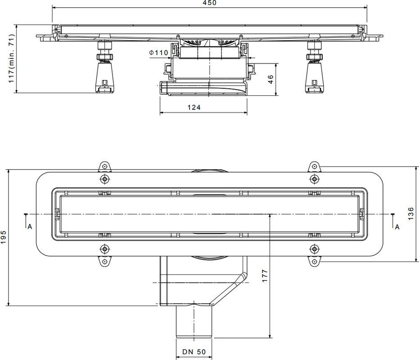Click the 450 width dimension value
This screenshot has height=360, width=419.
(x=210, y=3)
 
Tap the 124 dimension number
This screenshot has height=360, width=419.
(x=194, y=108)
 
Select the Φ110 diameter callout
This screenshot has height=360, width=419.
(x=159, y=53)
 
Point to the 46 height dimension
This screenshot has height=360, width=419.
(x=270, y=79)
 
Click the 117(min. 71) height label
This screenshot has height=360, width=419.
(x=11, y=58)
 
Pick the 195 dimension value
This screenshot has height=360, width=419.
(x=3, y=237)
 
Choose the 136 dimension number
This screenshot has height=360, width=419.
(x=411, y=214)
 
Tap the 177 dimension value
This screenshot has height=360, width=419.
(x=265, y=276)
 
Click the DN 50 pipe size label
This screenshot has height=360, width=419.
(x=194, y=352)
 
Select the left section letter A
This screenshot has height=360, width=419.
(x=30, y=227)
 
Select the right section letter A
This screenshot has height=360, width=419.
(x=397, y=227)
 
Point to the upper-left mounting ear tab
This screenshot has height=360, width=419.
(x=104, y=167)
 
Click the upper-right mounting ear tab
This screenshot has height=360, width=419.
(x=314, y=167)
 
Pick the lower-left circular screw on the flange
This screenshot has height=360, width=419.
(x=104, y=249)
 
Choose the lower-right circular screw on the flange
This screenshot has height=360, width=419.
(x=314, y=249)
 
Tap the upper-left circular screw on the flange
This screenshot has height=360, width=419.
(x=104, y=179)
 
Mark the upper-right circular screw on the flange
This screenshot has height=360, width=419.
(x=314, y=179)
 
